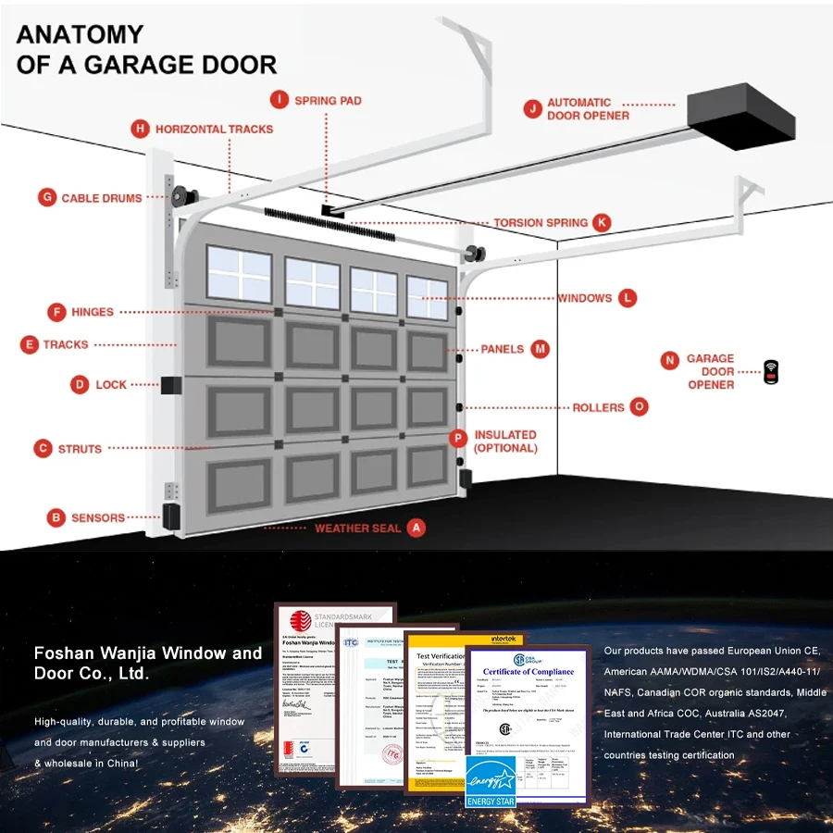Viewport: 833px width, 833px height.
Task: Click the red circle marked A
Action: tap(416, 528)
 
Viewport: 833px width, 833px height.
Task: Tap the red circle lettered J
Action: tap(531, 109)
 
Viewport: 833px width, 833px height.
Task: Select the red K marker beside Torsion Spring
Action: tap(603, 222)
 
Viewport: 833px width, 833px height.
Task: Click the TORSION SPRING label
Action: tap(540, 223)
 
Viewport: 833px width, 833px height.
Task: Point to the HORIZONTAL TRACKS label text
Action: tap(214, 129)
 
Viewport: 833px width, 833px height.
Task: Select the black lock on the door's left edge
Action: tap(170, 384)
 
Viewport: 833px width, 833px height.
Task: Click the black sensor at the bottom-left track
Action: tap(171, 516)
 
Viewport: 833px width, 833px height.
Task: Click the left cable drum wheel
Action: tap(180, 196)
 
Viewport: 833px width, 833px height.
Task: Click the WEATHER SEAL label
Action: tap(358, 528)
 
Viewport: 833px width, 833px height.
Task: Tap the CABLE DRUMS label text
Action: tap(102, 197)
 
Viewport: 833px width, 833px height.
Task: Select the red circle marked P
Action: tap(457, 439)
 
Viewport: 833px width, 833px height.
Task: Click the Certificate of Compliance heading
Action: tap(528, 672)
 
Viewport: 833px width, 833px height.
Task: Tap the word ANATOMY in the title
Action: tap(81, 35)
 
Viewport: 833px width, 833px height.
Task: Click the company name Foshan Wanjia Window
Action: tap(148, 653)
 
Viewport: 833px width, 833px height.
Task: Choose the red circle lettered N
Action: tap(669, 360)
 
